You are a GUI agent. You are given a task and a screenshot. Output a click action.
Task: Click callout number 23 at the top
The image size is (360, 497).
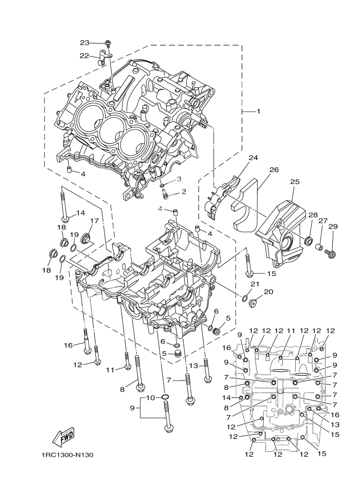point(84,42)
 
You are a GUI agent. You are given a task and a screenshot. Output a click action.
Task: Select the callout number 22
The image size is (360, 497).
point(84,56)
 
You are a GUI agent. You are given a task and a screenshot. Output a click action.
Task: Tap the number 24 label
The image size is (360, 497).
point(253,158)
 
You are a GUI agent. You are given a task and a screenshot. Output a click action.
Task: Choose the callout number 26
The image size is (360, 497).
point(273,170)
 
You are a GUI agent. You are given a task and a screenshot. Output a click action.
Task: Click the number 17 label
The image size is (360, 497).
point(94,221)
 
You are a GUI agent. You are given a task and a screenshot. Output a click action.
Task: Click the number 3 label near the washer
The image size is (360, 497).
point(178,179)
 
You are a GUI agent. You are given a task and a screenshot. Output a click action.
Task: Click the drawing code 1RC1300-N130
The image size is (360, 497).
point(67,455)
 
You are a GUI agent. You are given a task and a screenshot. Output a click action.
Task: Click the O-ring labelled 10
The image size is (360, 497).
point(165,398)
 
